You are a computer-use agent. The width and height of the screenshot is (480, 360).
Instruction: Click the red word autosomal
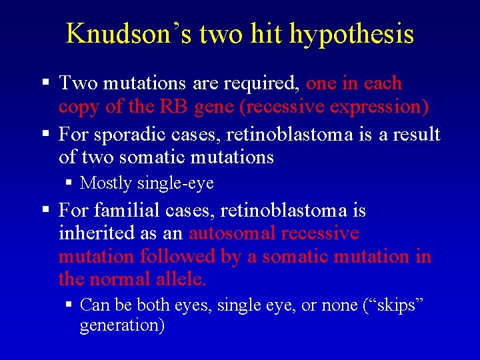tap(232, 233)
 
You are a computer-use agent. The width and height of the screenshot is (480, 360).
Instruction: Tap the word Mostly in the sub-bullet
tap(103, 182)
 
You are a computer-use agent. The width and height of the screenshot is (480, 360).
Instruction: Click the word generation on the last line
tap(121, 325)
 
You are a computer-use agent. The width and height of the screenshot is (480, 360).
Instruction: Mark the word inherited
tap(93, 233)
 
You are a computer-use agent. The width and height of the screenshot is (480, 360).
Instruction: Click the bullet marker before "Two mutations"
tap(45, 83)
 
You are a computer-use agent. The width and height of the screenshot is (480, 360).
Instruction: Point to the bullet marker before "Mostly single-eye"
tap(69, 182)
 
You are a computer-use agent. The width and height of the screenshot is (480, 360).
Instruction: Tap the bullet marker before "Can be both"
tap(69, 305)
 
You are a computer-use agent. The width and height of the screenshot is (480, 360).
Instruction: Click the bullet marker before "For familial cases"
tap(45, 211)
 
